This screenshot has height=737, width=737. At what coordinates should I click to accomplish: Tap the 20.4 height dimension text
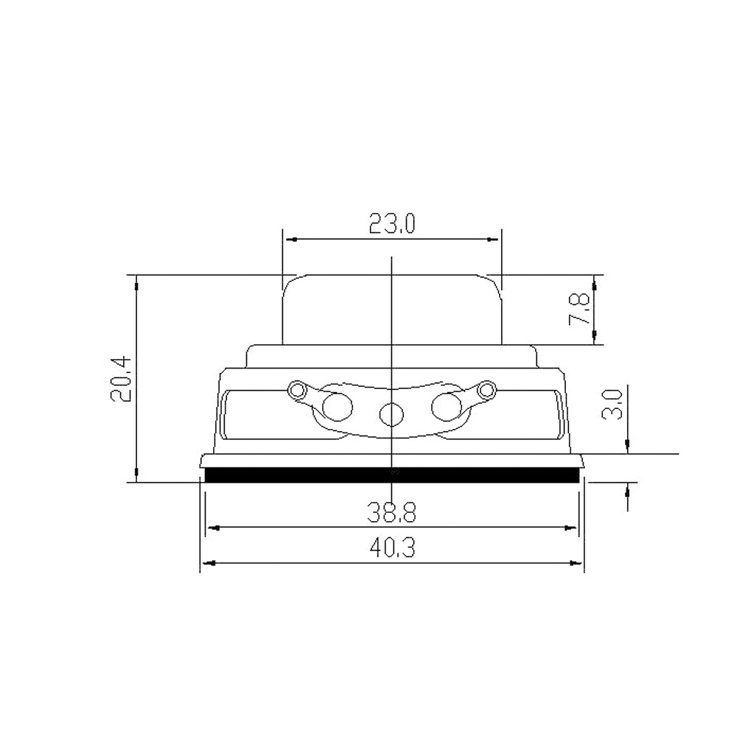tap(120, 377)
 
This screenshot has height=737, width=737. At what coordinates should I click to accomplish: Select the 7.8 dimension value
tap(579, 310)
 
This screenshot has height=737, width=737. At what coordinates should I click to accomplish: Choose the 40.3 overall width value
tap(391, 548)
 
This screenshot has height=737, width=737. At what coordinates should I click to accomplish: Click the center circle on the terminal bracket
tap(391, 415)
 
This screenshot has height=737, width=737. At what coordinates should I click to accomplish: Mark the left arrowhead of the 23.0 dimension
tap(288, 240)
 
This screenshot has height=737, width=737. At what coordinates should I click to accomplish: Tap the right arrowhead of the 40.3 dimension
tap(579, 564)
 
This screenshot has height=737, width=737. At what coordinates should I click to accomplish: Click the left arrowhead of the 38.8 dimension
tap(210, 528)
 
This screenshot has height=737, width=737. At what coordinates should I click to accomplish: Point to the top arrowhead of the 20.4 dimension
tap(136, 280)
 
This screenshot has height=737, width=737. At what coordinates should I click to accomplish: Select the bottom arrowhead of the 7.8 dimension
tap(594, 340)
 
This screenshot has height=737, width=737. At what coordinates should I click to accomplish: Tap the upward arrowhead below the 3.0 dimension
tap(627, 488)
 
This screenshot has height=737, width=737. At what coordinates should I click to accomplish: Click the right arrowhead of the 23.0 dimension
tap(496, 240)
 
